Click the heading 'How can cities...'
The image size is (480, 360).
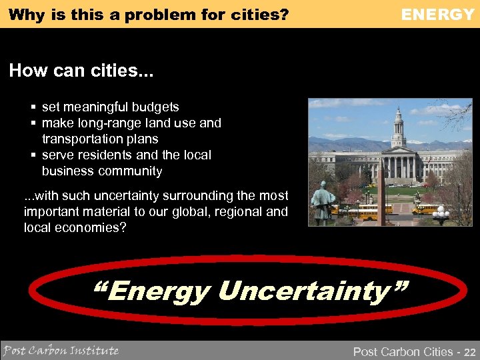coord(81,71)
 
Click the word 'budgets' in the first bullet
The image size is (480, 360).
coord(157,107)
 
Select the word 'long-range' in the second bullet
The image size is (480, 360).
coord(108,123)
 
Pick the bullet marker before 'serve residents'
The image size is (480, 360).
coord(33,155)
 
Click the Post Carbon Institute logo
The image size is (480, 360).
coord(61,350)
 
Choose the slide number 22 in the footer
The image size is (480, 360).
coord(469,351)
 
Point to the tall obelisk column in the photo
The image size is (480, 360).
coord(382,193)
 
